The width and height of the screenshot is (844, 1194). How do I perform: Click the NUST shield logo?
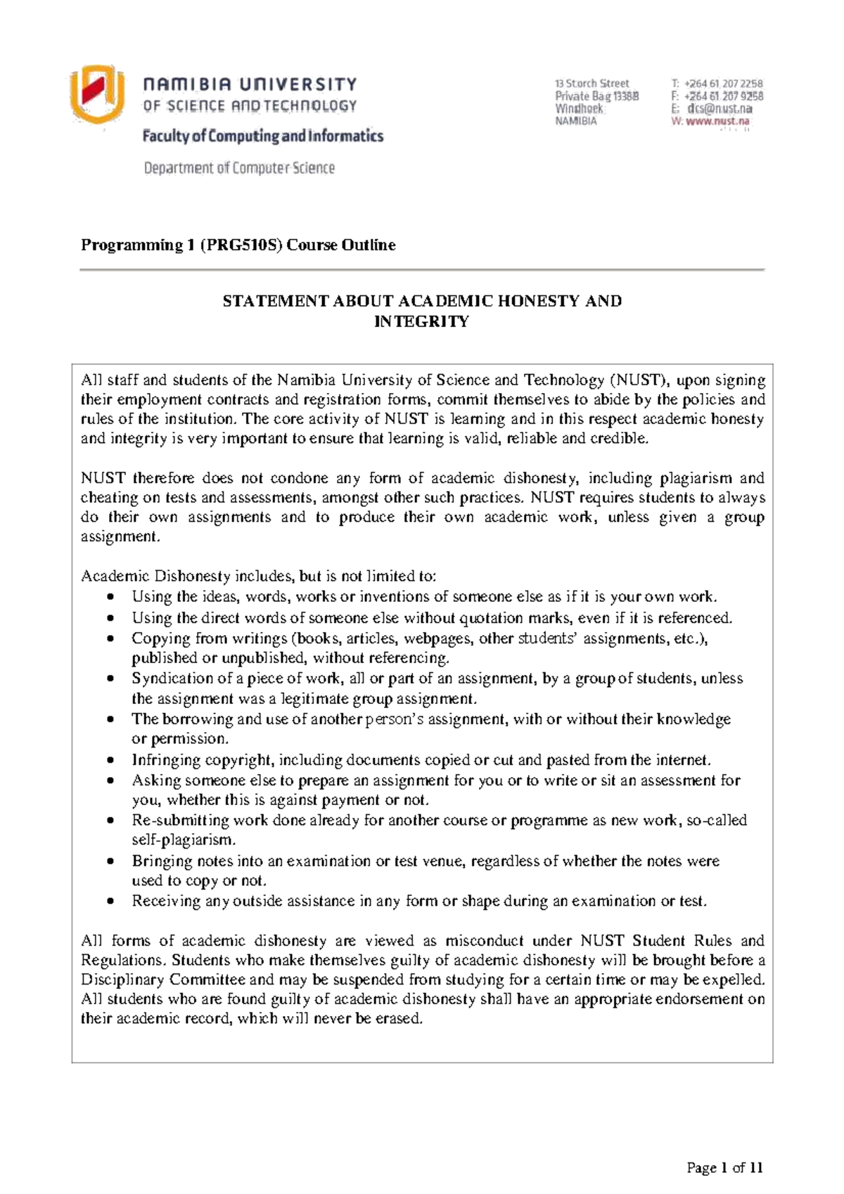(x=96, y=94)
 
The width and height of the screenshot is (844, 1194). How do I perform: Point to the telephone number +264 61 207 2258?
(x=724, y=84)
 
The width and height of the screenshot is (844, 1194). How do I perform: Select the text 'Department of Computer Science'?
(x=239, y=168)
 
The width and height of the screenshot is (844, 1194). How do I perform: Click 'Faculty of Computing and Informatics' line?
(x=263, y=136)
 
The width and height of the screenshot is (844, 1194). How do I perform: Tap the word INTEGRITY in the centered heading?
(x=421, y=322)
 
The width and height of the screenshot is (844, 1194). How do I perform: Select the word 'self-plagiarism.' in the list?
(x=184, y=840)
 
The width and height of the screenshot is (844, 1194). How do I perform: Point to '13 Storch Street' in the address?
(x=592, y=84)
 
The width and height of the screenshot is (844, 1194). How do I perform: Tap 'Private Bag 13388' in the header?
(x=596, y=96)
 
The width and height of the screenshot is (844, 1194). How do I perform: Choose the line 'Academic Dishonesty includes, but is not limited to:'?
(x=259, y=577)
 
